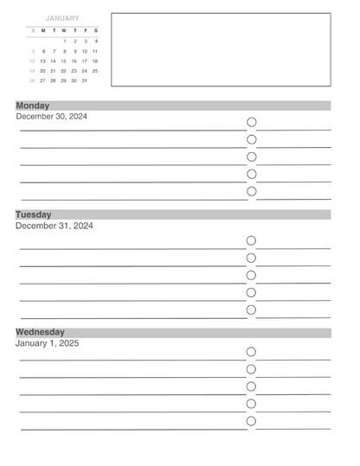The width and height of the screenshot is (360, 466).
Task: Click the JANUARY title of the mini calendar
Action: pyautogui.click(x=61, y=18)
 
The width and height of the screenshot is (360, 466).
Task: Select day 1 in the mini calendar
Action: pyautogui.click(x=64, y=41)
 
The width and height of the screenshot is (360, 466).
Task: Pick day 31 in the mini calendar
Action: pyautogui.click(x=85, y=80)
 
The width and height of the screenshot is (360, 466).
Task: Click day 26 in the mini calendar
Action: pyautogui.click(x=32, y=80)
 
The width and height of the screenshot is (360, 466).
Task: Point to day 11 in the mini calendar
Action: pyautogui.click(x=95, y=51)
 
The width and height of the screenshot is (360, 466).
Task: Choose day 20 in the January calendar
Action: pyautogui.click(x=42, y=71)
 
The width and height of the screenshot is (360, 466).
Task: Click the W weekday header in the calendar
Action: pyautogui.click(x=63, y=31)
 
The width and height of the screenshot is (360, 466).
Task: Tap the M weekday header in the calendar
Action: pyautogui.click(x=42, y=31)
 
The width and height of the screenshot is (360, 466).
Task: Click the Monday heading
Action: pyautogui.click(x=33, y=105)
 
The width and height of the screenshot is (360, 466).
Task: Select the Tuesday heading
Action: pyautogui.click(x=34, y=214)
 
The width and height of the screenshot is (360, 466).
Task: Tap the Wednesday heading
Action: pyautogui.click(x=40, y=332)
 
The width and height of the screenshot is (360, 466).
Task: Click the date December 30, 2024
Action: pyautogui.click(x=51, y=116)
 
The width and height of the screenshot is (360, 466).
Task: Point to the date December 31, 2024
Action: pyautogui.click(x=54, y=226)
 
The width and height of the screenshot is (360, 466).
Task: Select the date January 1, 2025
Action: pyautogui.click(x=47, y=343)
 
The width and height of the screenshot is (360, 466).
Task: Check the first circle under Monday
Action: pyautogui.click(x=252, y=123)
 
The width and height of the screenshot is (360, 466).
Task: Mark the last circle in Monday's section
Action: pyautogui.click(x=252, y=192)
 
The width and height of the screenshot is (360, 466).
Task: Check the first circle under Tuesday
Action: pyautogui.click(x=252, y=240)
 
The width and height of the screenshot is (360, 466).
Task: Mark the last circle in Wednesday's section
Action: pyautogui.click(x=252, y=421)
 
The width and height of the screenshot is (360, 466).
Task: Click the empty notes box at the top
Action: pyautogui.click(x=221, y=49)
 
